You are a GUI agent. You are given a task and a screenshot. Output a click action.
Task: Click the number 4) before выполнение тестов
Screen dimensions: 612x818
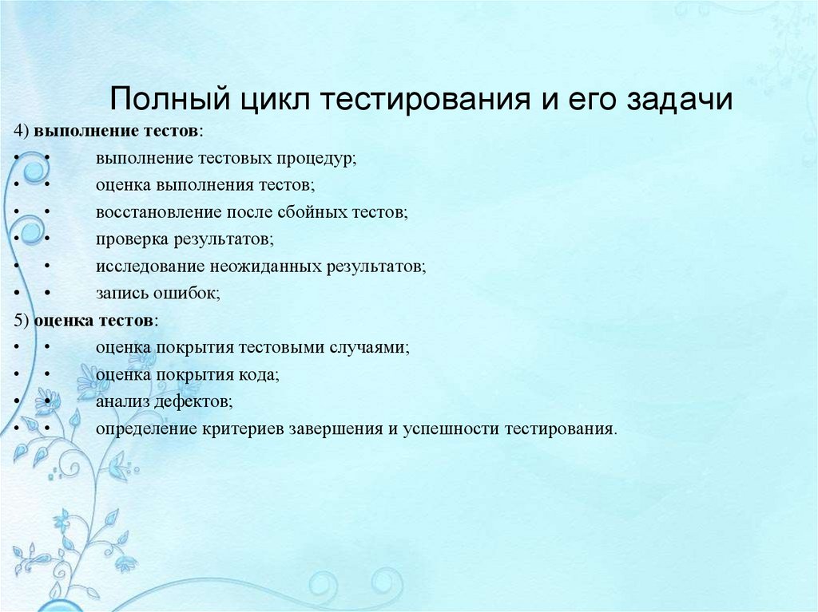(22, 130)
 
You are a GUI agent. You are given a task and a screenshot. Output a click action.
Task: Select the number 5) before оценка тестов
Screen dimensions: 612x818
(22, 320)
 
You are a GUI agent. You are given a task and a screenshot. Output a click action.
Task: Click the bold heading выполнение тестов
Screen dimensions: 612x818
(117, 130)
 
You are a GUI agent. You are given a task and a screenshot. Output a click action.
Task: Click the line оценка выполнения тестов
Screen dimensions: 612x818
(204, 185)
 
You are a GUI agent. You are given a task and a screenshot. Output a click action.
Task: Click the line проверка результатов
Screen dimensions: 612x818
(184, 239)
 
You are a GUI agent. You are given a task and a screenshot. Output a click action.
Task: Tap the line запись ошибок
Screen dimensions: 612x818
(157, 293)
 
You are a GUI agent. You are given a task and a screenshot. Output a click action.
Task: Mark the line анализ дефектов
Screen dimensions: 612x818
(164, 401)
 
